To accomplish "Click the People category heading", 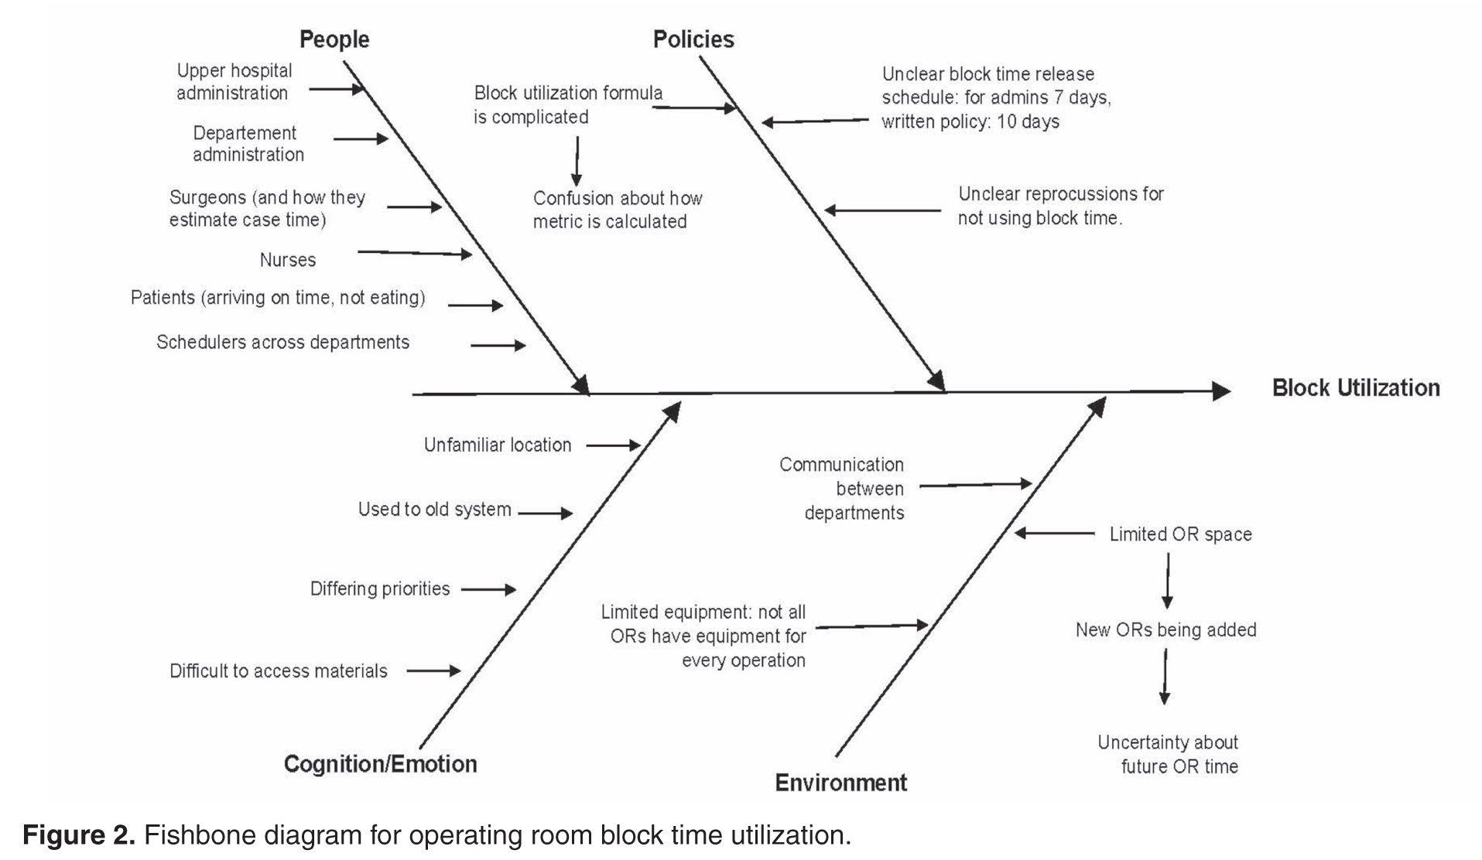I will [x=334, y=39].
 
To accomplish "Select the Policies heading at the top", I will [x=693, y=39].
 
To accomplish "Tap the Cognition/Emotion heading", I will [x=380, y=764].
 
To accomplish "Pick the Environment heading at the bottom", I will [x=841, y=783].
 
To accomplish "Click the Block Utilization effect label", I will [x=1356, y=388].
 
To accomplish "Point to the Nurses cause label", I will [x=288, y=260].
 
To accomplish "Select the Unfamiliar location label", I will [x=498, y=445].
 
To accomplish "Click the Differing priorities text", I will [x=380, y=589].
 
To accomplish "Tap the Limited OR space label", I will [x=1180, y=534].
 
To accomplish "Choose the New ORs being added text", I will [x=1165, y=630].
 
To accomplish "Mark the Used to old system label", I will [x=434, y=510].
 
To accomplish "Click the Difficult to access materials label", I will [x=279, y=671].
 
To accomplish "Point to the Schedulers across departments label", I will [x=282, y=343].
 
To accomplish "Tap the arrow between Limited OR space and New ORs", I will [x=1168, y=582].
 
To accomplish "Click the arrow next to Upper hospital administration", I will [x=337, y=89].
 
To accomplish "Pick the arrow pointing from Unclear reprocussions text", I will [x=882, y=210].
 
